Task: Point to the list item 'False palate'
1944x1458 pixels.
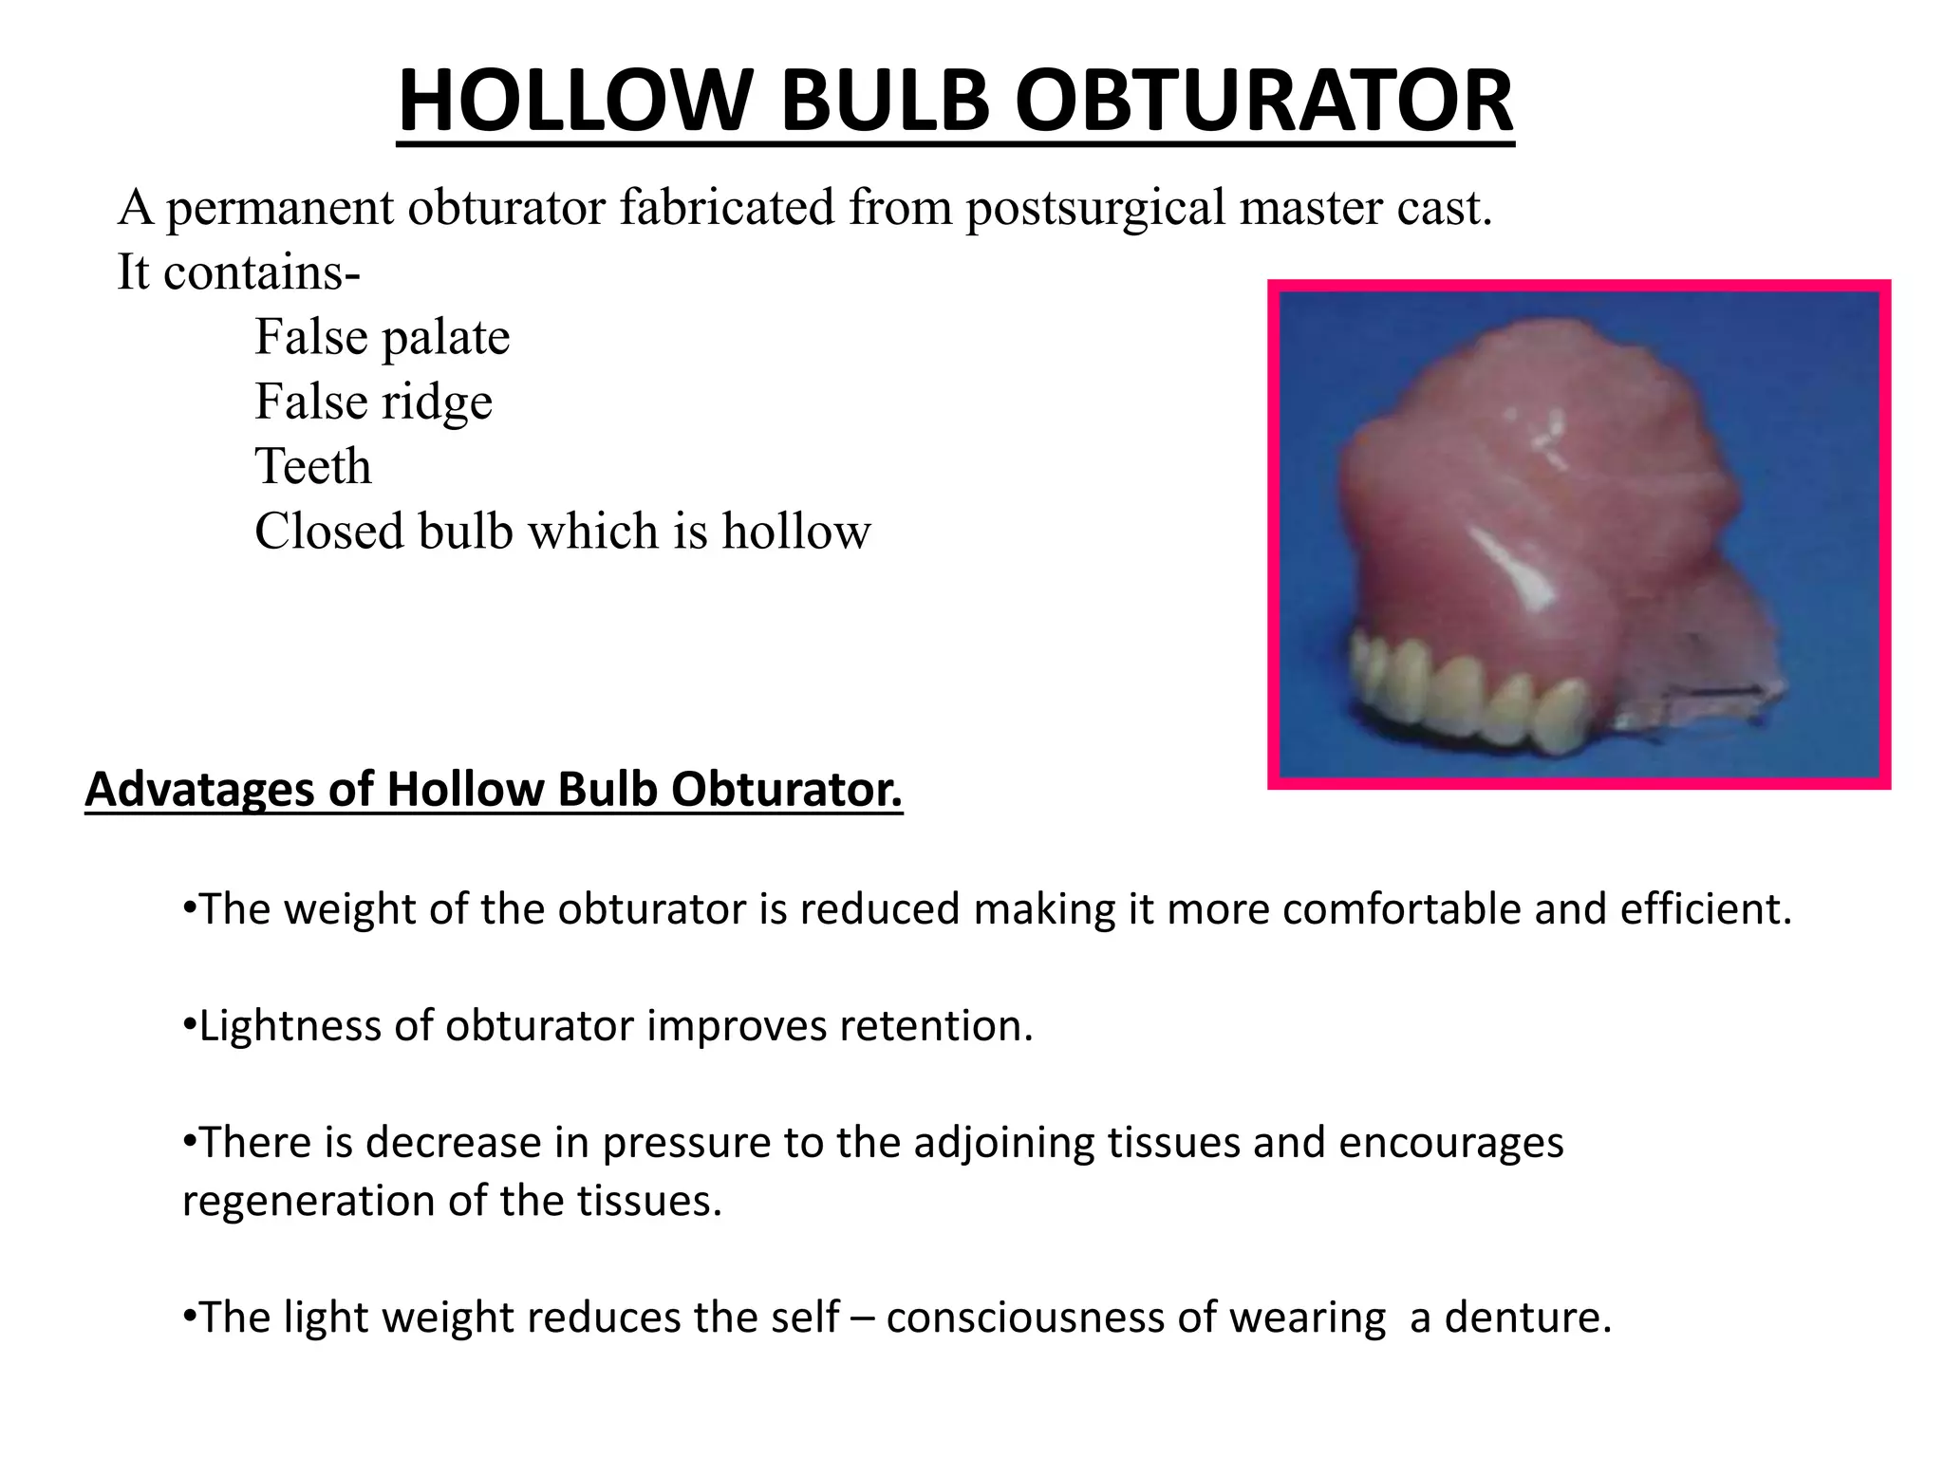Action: (x=382, y=337)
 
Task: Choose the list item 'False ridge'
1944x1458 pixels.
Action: (x=373, y=402)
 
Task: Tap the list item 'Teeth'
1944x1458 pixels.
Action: (x=312, y=466)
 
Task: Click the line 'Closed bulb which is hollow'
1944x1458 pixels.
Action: (x=562, y=531)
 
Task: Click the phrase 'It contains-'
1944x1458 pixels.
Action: (x=238, y=272)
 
